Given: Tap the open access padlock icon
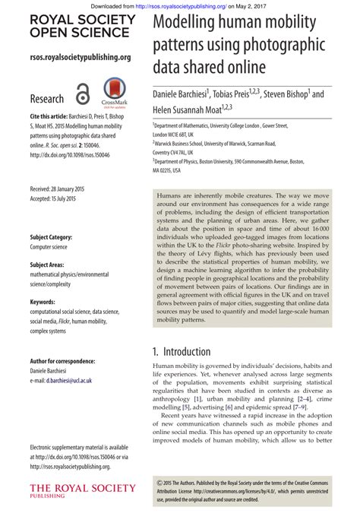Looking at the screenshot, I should coord(83,95).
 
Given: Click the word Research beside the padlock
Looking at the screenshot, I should coord(47,99).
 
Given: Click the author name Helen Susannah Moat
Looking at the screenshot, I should coord(199,111).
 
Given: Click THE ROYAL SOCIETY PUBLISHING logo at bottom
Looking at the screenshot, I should coord(82,490).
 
